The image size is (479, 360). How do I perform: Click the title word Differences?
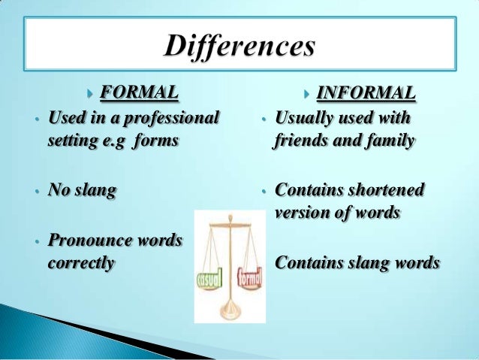[239, 47]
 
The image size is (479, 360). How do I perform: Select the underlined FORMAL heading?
[140, 93]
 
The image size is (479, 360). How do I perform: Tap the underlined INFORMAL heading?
[366, 93]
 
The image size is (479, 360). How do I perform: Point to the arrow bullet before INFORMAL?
[306, 94]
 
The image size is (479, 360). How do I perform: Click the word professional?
[172, 118]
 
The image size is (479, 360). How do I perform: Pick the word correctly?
[81, 264]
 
